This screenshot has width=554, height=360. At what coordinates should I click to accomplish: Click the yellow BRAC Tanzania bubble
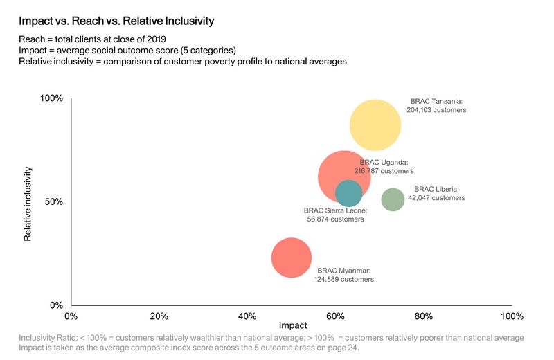click(375, 125)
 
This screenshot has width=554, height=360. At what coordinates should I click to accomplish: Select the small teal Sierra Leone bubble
click(348, 194)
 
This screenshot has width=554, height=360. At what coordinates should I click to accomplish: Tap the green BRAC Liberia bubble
click(393, 199)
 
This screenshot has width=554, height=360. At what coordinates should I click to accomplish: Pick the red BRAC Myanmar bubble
click(292, 257)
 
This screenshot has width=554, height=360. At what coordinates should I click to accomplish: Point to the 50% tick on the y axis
click(54, 202)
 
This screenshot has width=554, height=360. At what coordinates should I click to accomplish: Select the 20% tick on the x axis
click(159, 316)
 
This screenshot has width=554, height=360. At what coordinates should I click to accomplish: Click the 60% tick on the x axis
click(336, 316)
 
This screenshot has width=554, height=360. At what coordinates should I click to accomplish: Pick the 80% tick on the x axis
click(424, 316)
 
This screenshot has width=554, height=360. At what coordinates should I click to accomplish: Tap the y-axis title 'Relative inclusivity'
click(28, 202)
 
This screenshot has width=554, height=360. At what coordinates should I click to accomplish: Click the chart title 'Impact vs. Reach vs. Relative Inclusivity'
click(116, 21)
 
